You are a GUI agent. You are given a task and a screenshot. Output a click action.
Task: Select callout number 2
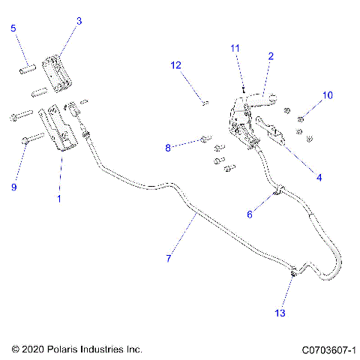coord(270,55)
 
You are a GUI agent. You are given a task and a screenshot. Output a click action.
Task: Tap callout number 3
coord(79,22)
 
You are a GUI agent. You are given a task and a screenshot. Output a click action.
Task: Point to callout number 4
coord(319,178)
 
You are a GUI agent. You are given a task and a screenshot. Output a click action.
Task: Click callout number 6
coord(250,214)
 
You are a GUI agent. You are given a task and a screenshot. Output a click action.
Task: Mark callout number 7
coord(169,258)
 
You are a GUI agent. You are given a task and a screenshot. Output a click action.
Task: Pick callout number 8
coord(169,148)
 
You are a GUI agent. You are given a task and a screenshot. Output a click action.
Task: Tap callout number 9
coord(13,187)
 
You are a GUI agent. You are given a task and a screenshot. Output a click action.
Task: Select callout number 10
coord(326,95)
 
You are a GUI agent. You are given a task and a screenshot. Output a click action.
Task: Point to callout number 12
coord(175,65)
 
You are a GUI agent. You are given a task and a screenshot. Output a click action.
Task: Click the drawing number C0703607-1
coord(328,349)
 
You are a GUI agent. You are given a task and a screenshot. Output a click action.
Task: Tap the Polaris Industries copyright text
coord(77,349)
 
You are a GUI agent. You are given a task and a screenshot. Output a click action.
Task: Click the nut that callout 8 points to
coord(204,139)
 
